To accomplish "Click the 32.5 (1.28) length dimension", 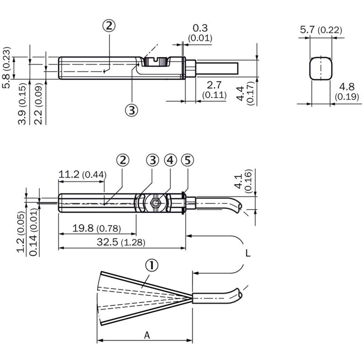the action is tap(121, 242).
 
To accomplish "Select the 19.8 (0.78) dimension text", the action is tap(96, 229).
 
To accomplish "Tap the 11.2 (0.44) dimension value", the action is tap(82, 174).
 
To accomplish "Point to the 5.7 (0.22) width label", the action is tap(321, 30).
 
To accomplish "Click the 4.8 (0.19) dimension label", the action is tap(347, 92).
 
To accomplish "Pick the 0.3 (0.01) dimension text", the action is tap(200, 33).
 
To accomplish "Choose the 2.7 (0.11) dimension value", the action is tap(214, 90).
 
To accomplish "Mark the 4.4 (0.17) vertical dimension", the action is tap(246, 91).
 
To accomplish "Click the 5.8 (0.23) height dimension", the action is tap(6, 67).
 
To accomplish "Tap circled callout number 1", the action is tap(152, 266).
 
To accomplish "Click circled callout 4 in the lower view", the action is tap(171, 160).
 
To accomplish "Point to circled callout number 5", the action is tap(187, 160).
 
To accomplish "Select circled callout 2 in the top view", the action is tap(109, 26).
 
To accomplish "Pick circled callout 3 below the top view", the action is tap(132, 110).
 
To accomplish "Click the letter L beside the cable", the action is tap(248, 253).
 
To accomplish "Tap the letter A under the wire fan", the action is tap(147, 335).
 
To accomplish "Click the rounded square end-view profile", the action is tap(321, 68).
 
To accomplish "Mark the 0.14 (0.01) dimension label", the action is tap(34, 233).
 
